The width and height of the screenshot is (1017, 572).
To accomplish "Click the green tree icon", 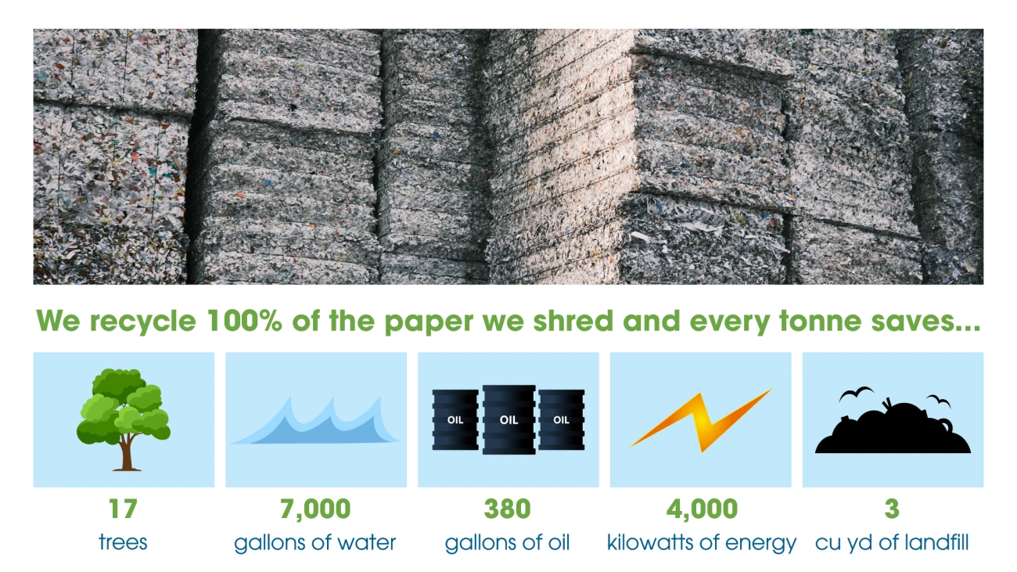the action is pos(123,419).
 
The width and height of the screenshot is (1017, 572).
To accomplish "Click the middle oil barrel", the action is pos(508,419).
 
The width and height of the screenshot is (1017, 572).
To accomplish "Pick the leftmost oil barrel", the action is pos(455,419).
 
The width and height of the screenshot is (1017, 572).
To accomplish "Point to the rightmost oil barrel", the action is pos(561,419).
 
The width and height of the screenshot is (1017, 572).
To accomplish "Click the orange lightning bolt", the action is pos(700,421).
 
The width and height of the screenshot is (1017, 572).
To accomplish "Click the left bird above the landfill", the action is pos(856,394).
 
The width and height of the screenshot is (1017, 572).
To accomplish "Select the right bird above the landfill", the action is pos(939,401).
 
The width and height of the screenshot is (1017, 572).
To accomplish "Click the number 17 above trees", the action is pos(123,509).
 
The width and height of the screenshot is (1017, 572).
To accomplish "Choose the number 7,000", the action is pos(315,509).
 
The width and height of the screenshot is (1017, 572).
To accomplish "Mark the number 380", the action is pos(507,509).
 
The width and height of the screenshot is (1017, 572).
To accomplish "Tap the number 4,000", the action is pos(702,509).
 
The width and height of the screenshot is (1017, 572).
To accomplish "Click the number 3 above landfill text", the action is pos(892,509).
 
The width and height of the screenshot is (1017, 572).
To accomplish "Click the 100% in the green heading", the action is pos(244,321).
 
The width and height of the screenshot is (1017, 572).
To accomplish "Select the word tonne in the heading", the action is pos(820,321).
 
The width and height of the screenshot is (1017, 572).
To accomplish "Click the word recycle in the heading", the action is pos(142,322).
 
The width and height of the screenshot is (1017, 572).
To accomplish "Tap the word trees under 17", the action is pos(123,543).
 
